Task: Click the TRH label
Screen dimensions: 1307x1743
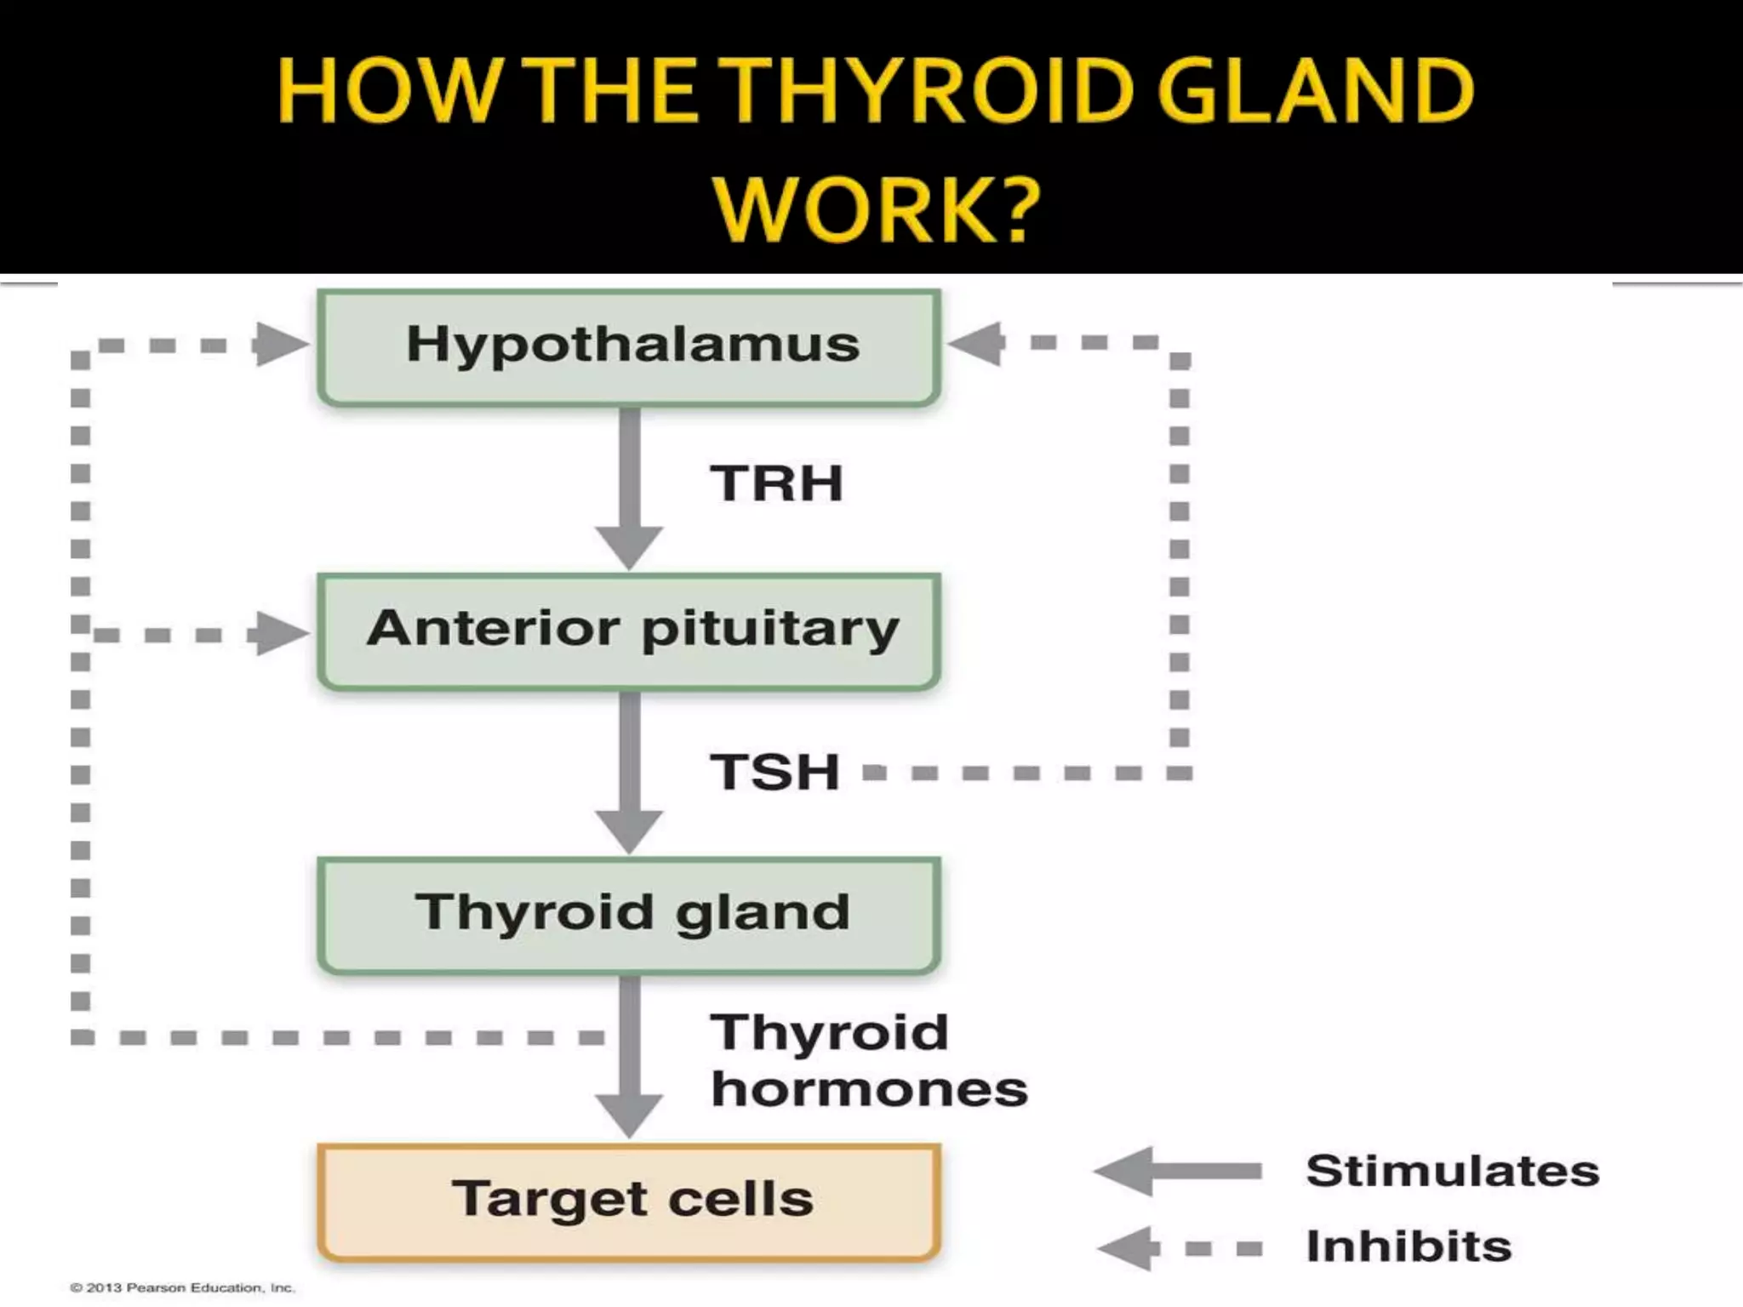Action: tap(775, 484)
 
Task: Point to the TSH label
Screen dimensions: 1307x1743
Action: tap(774, 773)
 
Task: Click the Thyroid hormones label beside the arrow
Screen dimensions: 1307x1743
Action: tap(868, 1060)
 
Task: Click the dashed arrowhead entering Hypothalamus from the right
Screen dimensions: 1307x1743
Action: tap(977, 344)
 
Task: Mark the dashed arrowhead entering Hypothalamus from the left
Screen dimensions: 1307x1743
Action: tap(281, 345)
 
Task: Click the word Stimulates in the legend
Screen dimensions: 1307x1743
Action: tap(1452, 1171)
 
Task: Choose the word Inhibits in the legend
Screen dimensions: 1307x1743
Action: tap(1409, 1247)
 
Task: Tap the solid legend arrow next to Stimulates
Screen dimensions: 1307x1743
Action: tap(1178, 1172)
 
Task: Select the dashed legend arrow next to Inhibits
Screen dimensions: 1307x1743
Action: tap(1178, 1248)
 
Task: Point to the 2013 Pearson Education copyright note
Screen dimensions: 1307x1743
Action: tap(181, 1288)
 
